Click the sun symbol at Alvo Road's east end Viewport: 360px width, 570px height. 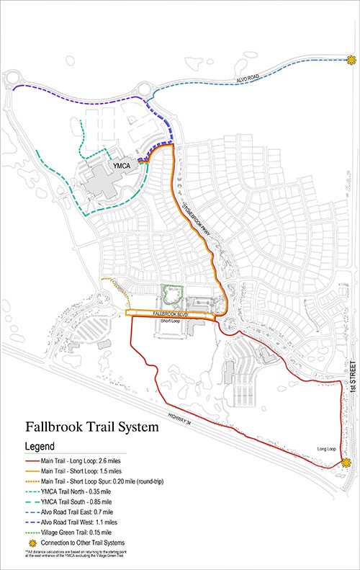pos(349,59)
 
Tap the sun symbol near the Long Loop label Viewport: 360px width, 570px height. pos(346,463)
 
